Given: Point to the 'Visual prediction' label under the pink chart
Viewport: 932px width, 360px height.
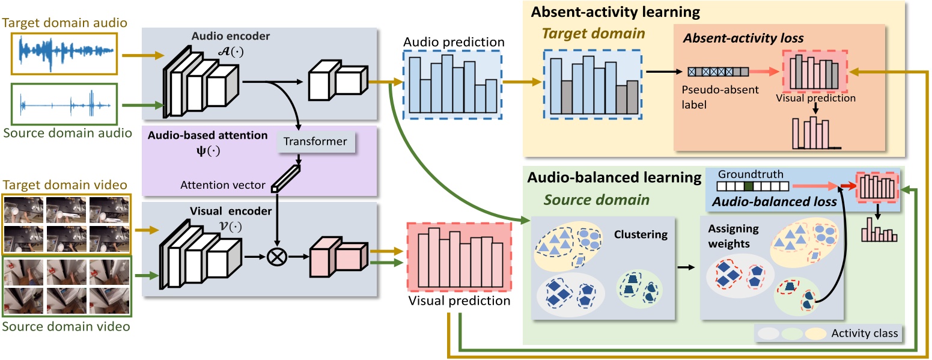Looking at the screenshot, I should tap(460, 301).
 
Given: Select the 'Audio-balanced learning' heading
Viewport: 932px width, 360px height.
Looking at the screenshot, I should tap(614, 178).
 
